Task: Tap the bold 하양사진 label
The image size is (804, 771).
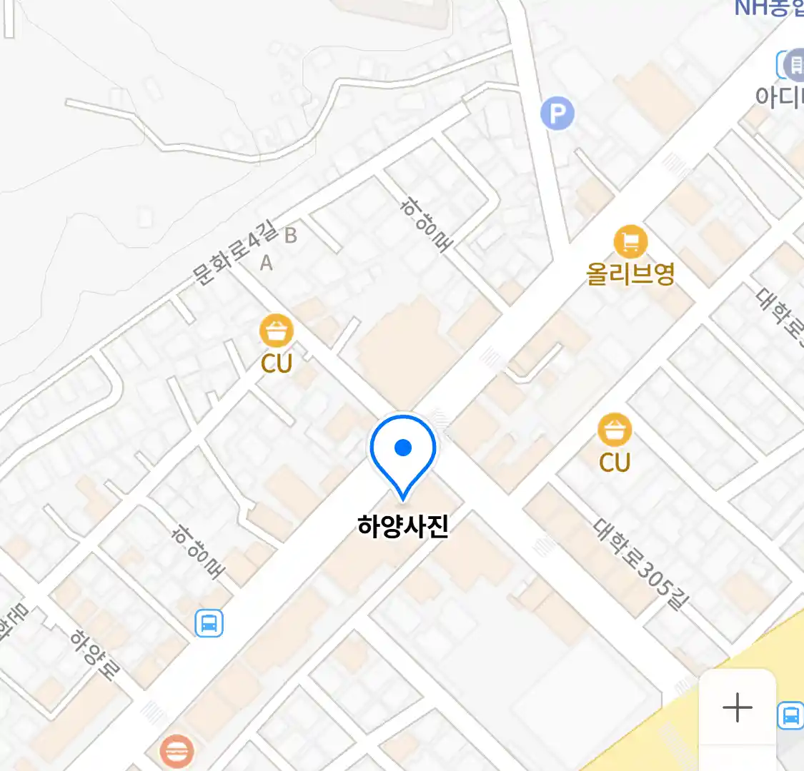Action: click(x=403, y=526)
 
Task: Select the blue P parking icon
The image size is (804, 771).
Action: click(x=557, y=114)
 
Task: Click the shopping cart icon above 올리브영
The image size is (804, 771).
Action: click(x=630, y=243)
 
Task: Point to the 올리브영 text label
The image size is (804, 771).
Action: click(x=630, y=274)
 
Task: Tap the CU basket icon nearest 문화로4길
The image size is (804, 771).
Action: click(x=276, y=331)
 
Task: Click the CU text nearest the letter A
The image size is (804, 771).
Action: click(x=277, y=363)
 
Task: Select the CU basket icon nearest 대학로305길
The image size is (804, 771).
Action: click(x=615, y=430)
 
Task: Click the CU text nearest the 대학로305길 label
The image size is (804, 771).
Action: click(x=615, y=462)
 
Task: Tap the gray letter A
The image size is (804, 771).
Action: click(x=266, y=263)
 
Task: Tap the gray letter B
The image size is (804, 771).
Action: click(x=290, y=235)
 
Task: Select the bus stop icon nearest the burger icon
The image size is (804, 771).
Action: click(x=209, y=623)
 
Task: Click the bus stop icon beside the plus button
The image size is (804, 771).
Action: click(x=790, y=715)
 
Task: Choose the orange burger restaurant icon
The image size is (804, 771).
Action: click(x=176, y=752)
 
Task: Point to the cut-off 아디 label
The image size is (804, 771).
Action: click(x=779, y=96)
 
